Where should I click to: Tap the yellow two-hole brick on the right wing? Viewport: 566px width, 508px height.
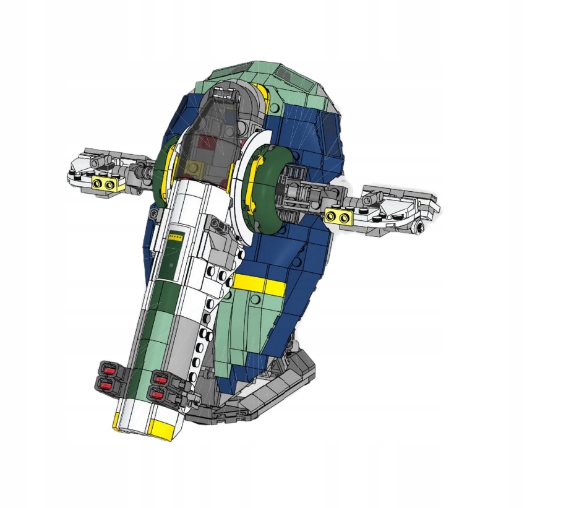339,215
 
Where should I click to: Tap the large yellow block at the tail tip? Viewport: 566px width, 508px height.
163,427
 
